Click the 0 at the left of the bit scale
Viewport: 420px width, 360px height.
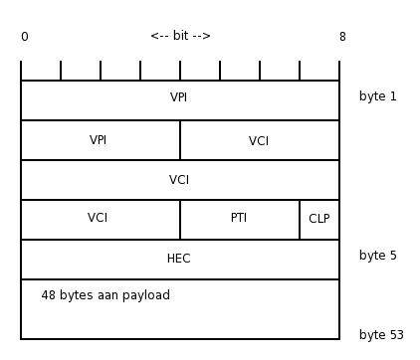point(24,37)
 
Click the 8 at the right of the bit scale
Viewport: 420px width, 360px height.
point(341,37)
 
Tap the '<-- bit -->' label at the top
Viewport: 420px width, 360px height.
point(180,36)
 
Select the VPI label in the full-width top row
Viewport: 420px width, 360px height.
point(179,98)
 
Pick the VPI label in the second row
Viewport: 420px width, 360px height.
point(99,140)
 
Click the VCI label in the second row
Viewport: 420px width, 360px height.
point(259,141)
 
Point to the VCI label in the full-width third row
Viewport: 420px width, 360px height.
point(179,180)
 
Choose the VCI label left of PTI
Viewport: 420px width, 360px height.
point(98,219)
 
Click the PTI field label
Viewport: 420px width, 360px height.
point(239,219)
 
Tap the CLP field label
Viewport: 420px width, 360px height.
point(318,219)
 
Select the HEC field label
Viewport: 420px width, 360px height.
point(179,259)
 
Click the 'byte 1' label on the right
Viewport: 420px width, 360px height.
point(378,96)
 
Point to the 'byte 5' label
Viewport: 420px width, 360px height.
point(378,256)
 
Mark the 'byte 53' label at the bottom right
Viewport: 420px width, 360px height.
point(381,335)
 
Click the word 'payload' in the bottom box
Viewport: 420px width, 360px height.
point(145,296)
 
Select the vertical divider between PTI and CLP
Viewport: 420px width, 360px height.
point(300,220)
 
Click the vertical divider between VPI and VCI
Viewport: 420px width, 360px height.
point(180,140)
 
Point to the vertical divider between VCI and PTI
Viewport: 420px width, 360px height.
point(180,220)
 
